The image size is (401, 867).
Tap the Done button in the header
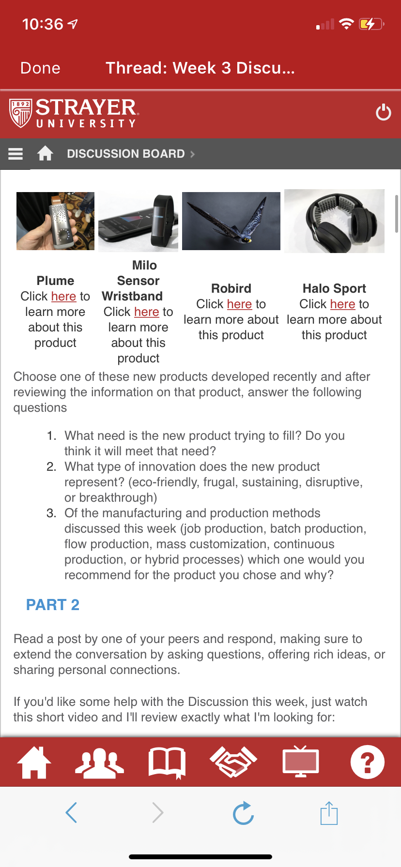coord(40,68)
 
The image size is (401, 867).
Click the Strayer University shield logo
coord(20,113)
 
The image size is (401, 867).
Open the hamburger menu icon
coord(15,154)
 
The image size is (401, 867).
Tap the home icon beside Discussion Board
coord(45,153)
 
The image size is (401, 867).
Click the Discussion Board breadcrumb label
coord(126,154)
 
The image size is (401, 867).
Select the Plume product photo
coord(55,221)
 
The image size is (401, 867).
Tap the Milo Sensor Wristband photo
coord(138,222)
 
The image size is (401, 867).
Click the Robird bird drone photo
coord(231,221)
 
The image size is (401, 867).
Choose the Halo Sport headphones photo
coord(334,221)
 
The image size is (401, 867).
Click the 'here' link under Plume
coord(63,296)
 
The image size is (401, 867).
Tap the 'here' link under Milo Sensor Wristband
coord(147,312)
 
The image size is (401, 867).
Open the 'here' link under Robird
coord(239,304)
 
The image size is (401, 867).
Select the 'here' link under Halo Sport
coord(342,304)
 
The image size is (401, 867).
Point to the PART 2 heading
coord(53,605)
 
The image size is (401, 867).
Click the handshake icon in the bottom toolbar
coord(233,762)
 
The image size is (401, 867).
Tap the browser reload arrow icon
coord(243,813)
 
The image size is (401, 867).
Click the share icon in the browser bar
coord(329,813)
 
